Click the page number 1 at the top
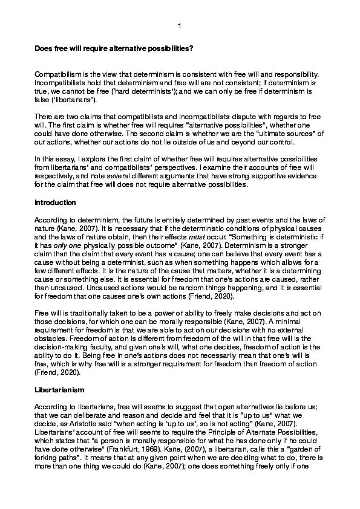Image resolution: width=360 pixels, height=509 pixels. click(180, 26)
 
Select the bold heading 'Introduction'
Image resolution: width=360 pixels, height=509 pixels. click(55, 202)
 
